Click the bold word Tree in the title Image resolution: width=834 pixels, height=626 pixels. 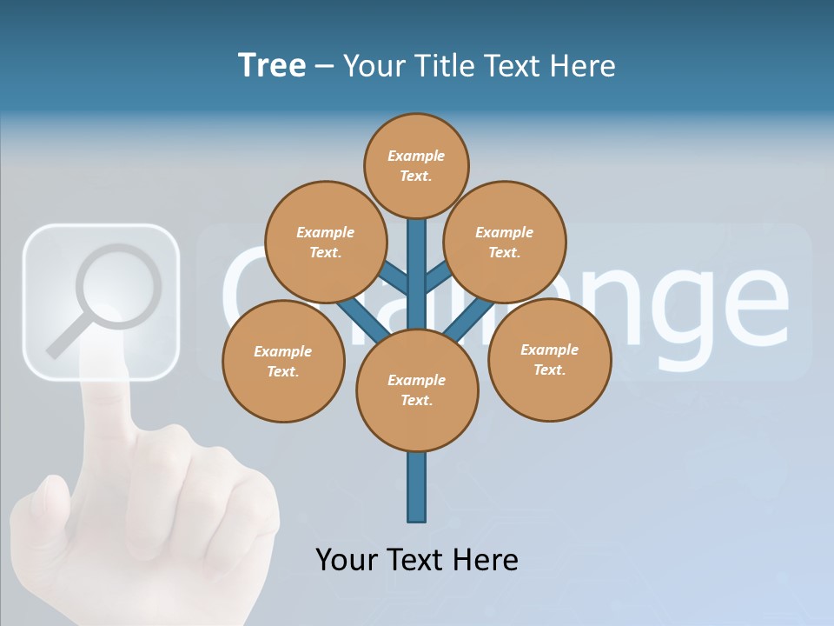point(272,65)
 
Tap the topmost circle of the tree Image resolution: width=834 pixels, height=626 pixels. point(416,165)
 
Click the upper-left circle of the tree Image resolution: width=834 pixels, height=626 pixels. point(325,242)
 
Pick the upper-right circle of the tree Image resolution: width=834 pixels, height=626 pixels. point(505,242)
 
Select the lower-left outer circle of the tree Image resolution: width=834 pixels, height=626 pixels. point(283,361)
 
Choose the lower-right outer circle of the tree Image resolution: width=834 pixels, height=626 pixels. point(550,359)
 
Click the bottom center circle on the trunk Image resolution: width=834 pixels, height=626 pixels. point(417,390)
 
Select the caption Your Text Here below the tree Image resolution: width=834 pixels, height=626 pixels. point(417,559)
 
